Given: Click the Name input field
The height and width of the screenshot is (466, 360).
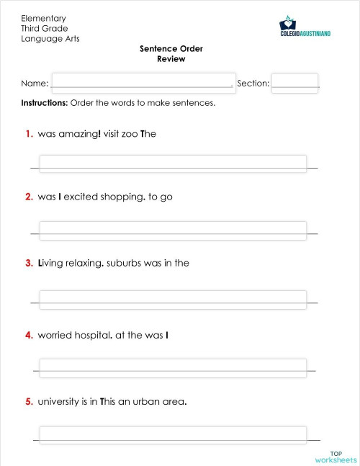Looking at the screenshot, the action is click(x=143, y=83).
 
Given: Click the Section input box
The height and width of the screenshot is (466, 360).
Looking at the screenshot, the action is click(x=294, y=83).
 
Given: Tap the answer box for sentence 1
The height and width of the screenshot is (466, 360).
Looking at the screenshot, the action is click(x=173, y=163).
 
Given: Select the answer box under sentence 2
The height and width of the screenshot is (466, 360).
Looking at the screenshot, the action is click(x=173, y=230).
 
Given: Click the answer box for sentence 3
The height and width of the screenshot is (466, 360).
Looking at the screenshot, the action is click(x=173, y=299).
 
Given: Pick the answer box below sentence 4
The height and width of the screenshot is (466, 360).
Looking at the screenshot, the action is click(x=173, y=367).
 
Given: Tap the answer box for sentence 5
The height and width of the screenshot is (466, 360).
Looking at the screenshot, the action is click(x=173, y=434).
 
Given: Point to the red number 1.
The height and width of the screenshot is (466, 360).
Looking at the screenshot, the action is click(x=29, y=134).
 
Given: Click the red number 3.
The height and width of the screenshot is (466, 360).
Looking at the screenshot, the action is click(x=29, y=263).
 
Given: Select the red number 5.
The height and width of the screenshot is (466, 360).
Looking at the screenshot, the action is click(x=29, y=401).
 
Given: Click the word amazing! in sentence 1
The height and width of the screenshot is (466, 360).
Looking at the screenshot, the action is click(x=79, y=134).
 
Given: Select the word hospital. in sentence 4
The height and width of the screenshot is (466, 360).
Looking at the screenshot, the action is click(x=91, y=335).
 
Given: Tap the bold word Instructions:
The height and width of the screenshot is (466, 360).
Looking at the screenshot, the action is click(x=45, y=103).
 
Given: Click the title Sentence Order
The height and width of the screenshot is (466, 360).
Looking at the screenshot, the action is click(x=171, y=49).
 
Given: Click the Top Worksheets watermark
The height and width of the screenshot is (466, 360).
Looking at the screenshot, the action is click(x=336, y=456).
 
